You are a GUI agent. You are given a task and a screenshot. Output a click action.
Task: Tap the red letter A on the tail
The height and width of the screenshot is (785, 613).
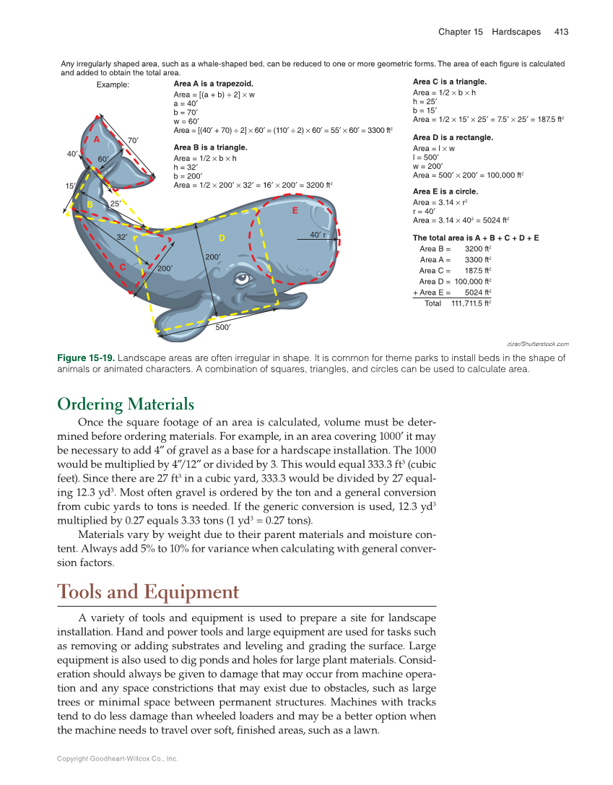click(x=95, y=139)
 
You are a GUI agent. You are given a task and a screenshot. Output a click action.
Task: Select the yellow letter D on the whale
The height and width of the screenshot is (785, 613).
click(x=222, y=238)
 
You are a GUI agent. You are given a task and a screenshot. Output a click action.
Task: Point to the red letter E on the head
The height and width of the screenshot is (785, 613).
click(x=295, y=212)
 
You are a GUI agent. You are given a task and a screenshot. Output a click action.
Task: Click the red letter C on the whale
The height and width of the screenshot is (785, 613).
click(x=122, y=267)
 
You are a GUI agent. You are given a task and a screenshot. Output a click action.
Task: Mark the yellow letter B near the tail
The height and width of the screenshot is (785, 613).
click(x=90, y=205)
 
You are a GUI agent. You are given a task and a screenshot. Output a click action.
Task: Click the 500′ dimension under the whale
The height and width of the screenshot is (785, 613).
click(x=223, y=327)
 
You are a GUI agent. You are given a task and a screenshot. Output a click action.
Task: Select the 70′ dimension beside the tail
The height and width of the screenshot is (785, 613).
click(x=133, y=139)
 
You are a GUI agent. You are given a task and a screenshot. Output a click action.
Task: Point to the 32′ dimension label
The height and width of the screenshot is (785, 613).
click(x=122, y=237)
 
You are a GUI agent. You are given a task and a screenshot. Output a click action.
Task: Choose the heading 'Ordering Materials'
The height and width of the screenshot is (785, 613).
click(x=126, y=404)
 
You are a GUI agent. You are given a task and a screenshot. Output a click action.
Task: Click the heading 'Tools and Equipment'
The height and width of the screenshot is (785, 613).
click(x=147, y=592)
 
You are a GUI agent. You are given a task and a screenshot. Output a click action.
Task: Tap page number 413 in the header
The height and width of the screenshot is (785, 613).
click(x=561, y=32)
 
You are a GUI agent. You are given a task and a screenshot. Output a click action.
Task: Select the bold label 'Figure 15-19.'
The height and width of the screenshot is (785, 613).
click(x=85, y=357)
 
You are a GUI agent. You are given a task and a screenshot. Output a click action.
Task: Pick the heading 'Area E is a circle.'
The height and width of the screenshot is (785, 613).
click(x=445, y=191)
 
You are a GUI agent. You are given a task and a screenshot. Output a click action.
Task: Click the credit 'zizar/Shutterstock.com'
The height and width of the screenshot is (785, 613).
click(x=538, y=344)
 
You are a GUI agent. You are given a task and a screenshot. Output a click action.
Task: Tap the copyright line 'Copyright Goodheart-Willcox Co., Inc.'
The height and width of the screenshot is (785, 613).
click(x=118, y=758)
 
